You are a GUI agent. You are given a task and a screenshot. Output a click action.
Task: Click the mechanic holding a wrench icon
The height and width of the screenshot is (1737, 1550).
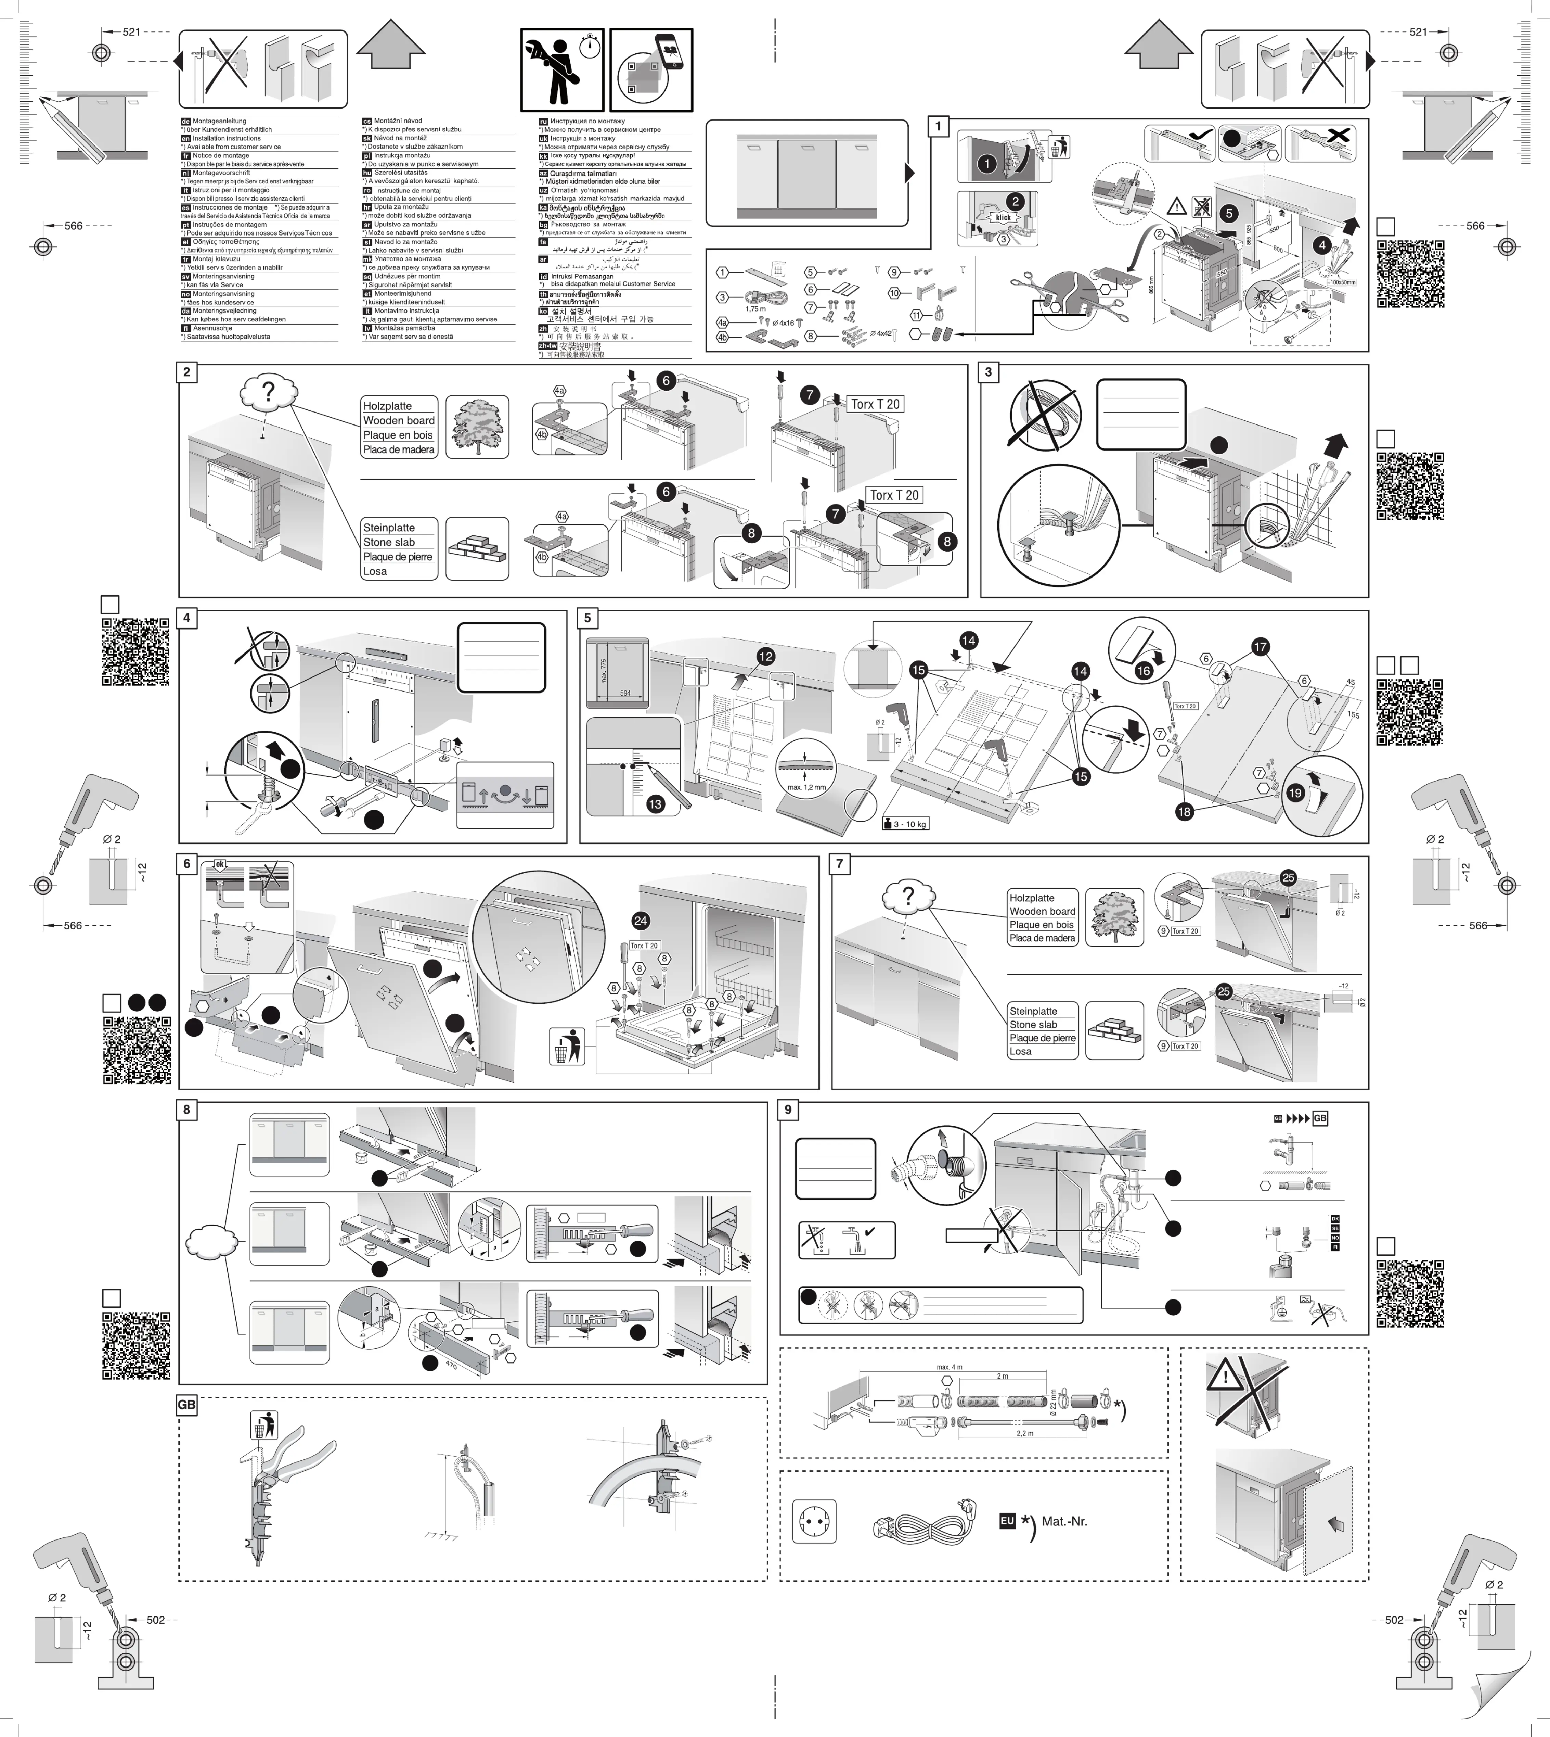point(562,71)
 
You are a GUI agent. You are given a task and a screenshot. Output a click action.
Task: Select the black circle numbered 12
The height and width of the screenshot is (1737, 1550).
point(765,656)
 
